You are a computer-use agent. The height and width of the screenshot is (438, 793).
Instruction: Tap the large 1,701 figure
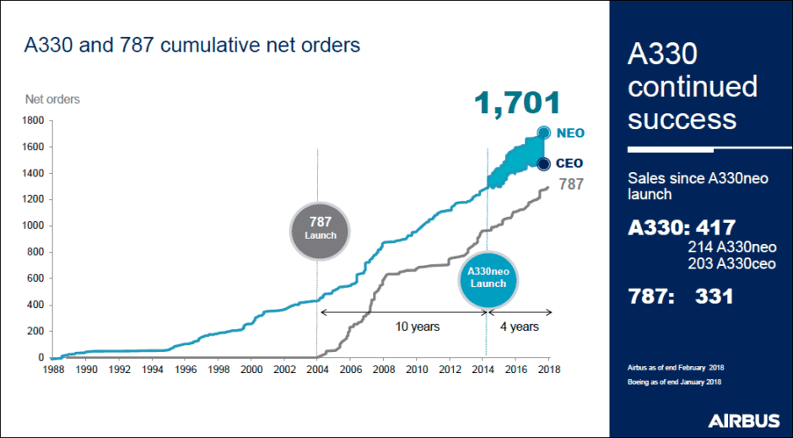tap(516, 104)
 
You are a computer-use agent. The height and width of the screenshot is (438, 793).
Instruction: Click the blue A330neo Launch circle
tap(488, 278)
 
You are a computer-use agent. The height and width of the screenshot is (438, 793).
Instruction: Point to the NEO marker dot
tap(544, 132)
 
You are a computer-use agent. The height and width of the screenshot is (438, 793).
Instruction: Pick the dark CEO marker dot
tap(544, 164)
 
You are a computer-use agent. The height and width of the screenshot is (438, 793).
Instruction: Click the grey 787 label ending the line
tap(571, 184)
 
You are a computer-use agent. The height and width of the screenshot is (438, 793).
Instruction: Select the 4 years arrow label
tap(520, 326)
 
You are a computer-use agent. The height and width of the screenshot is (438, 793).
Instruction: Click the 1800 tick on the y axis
tap(32, 121)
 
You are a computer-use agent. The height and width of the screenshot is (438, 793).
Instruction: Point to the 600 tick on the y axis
tap(35, 278)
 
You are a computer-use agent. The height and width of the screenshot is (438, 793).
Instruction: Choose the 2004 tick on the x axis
tap(317, 369)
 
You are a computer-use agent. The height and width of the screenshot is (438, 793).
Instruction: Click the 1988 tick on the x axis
tap(53, 369)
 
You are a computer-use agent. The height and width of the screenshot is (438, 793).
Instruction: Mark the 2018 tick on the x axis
tap(549, 369)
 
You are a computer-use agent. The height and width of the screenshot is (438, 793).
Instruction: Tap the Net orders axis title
tap(52, 100)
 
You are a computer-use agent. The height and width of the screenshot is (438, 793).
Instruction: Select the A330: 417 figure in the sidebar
tap(682, 228)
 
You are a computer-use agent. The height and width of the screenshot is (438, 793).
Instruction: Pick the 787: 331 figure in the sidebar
tap(681, 296)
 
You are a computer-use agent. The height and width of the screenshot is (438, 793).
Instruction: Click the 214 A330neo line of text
tap(731, 248)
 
